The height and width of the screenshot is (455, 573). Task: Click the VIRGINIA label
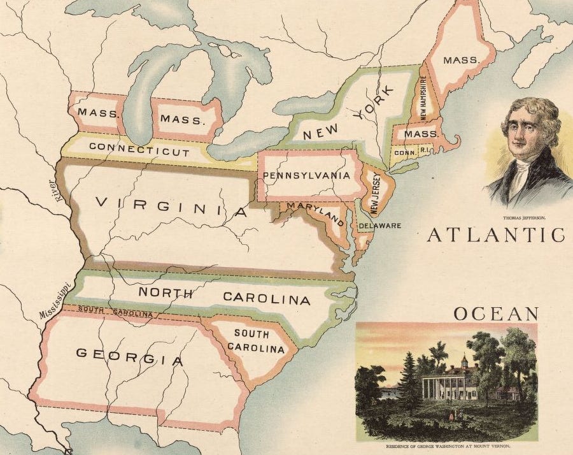[x=171, y=206]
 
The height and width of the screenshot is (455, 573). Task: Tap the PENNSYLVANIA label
[x=306, y=175]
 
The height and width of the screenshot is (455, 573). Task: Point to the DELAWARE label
[x=379, y=226]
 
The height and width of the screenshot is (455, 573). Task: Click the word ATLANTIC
[x=495, y=235]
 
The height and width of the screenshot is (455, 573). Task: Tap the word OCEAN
[x=496, y=314]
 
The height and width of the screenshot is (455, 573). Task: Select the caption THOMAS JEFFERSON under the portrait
[x=525, y=217]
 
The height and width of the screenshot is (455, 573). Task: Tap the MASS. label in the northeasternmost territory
[x=460, y=60]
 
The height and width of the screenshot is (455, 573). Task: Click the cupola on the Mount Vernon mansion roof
[x=464, y=361]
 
